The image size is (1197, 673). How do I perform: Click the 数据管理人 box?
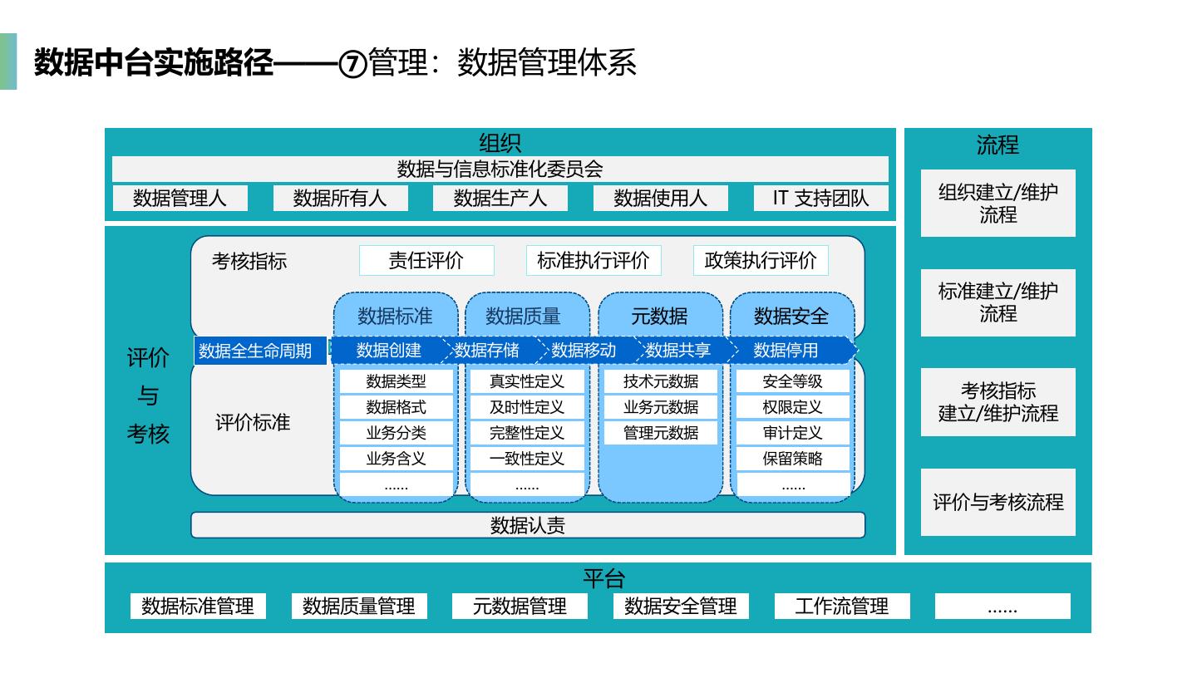tap(180, 198)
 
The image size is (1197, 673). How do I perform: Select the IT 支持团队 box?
tap(820, 198)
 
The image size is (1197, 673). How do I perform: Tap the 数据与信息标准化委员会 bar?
tap(500, 169)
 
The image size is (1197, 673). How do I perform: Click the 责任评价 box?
tap(426, 261)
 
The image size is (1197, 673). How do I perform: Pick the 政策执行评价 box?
tap(761, 261)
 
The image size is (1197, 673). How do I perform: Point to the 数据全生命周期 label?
tap(260, 351)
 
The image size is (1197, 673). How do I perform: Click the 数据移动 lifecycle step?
tap(584, 351)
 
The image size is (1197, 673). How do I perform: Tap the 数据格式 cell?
tap(396, 407)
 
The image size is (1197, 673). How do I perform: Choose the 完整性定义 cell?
tap(527, 433)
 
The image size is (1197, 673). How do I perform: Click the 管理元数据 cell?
tap(661, 433)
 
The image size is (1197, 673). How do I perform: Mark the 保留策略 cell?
tap(792, 459)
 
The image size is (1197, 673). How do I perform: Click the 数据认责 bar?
tap(528, 525)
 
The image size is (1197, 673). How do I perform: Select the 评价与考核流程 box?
tap(998, 502)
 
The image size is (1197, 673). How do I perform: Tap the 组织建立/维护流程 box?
tap(998, 203)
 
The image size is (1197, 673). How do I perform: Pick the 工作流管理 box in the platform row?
tap(842, 607)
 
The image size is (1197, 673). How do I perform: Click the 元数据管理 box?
tap(520, 607)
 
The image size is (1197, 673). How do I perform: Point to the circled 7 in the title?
tap(352, 64)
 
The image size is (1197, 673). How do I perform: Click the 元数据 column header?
tap(660, 317)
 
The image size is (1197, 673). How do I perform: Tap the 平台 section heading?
tap(603, 578)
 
